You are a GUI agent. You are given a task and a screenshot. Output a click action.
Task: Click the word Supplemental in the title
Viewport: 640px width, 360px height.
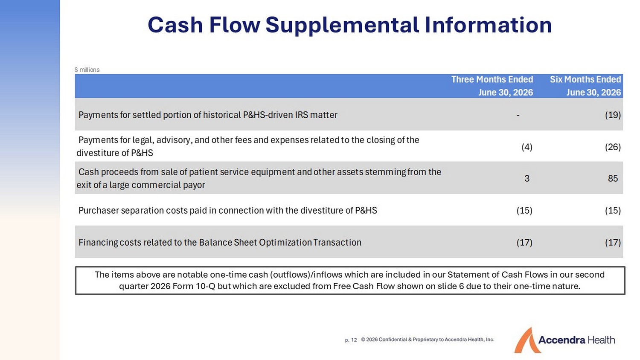click(x=342, y=26)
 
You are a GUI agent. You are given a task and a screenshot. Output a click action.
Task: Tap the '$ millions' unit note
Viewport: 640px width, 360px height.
click(x=87, y=70)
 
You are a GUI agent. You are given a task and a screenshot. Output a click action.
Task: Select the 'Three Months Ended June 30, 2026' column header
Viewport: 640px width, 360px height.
click(x=492, y=86)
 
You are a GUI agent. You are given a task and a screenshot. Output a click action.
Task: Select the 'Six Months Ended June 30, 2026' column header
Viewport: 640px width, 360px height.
click(x=585, y=86)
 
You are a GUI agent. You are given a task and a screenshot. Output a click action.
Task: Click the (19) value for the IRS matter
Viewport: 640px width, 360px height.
click(x=613, y=115)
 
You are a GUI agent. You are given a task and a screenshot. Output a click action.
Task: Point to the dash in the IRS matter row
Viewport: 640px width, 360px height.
click(x=518, y=115)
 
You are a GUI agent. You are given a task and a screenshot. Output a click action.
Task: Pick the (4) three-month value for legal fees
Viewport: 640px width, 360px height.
click(x=527, y=147)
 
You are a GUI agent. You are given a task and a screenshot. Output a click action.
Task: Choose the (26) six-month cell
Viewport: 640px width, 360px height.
click(x=613, y=147)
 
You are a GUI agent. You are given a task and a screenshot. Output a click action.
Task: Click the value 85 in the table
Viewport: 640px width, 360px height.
click(x=613, y=179)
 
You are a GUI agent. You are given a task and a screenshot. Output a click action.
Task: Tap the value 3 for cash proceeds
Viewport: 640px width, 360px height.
click(x=527, y=179)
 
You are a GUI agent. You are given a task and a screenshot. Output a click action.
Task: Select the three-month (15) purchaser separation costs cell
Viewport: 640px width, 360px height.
click(x=524, y=211)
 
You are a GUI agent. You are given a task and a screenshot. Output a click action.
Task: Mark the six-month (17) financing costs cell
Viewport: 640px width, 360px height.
click(x=613, y=243)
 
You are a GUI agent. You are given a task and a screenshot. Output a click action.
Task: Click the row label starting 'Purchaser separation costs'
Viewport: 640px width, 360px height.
click(x=228, y=211)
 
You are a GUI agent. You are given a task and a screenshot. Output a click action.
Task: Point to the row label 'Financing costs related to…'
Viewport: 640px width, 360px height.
click(x=220, y=243)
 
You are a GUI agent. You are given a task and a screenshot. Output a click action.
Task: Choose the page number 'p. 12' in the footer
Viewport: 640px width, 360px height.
click(x=351, y=340)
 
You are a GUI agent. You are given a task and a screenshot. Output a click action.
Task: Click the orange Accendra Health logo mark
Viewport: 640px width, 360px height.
click(x=527, y=340)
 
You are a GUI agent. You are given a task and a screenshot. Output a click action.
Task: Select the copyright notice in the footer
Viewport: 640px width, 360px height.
click(x=428, y=340)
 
